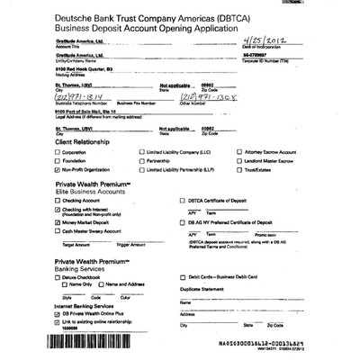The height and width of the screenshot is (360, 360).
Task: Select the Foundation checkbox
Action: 59,162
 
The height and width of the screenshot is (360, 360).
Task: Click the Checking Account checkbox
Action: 58,199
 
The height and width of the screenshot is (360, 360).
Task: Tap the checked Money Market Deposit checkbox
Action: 58,220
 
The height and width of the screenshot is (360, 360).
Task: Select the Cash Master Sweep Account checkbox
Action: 58,230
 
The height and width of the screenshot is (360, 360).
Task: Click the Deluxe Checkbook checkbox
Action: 58,277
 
